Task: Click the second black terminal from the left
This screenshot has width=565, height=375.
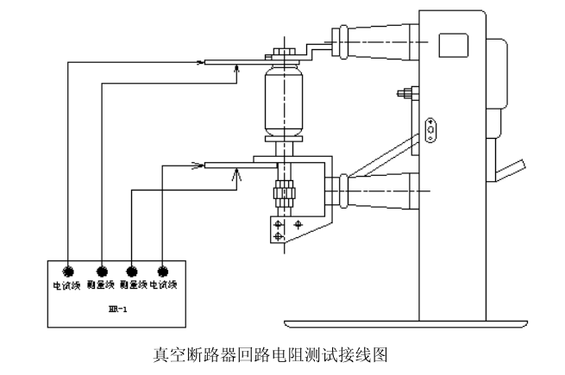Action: [x=102, y=271]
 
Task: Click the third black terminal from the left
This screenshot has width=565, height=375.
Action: [x=131, y=271]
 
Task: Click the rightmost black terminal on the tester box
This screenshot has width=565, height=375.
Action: [x=162, y=271]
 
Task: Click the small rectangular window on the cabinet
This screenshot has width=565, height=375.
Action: [x=451, y=45]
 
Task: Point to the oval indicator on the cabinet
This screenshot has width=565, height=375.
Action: [x=430, y=129]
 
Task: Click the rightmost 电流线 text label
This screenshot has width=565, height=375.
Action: [x=164, y=284]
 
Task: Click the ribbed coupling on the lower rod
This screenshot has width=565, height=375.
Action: [x=282, y=194]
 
